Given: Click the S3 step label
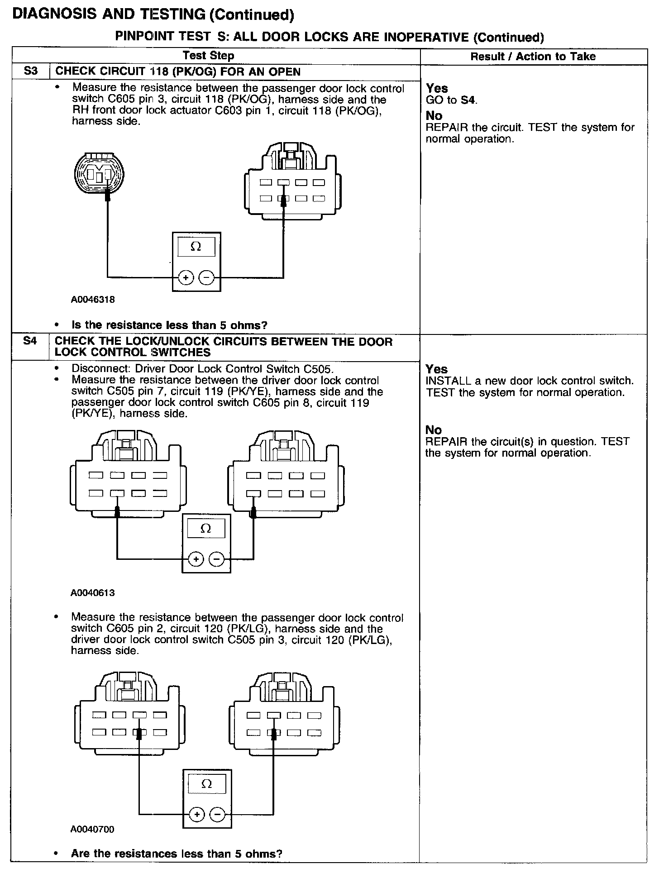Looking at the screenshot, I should (x=31, y=72).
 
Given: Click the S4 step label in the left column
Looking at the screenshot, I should (x=30, y=341).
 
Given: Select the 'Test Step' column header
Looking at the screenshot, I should (x=208, y=56).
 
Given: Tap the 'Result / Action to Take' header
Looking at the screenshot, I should (x=533, y=57).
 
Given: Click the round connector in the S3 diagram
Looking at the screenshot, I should (x=99, y=174).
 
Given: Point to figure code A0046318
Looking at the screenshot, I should (x=93, y=300).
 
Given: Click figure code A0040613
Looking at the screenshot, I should (x=93, y=593).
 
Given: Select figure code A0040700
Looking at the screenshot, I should (x=93, y=830).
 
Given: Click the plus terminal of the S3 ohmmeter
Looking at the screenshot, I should (x=186, y=277).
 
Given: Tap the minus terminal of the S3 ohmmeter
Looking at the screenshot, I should (x=206, y=277).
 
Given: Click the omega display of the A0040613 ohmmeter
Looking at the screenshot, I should (x=206, y=529).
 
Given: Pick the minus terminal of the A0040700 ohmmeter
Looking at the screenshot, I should (x=218, y=815).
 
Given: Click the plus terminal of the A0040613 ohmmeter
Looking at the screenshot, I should (x=196, y=559).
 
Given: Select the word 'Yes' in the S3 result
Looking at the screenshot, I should (x=437, y=89).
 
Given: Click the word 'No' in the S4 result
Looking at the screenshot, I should (x=433, y=430).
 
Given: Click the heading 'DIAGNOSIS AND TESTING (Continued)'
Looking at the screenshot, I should (x=153, y=14).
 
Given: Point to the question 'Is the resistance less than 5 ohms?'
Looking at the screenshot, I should (x=170, y=325).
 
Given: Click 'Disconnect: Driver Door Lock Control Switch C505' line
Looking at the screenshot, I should (x=202, y=369).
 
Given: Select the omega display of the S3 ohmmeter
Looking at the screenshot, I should (x=196, y=247).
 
